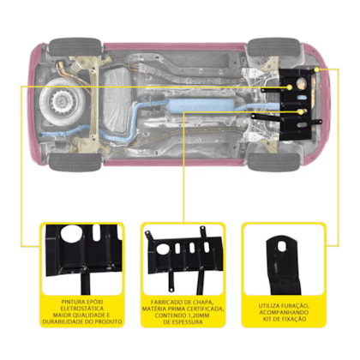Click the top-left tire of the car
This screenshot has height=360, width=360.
tap(75, 47)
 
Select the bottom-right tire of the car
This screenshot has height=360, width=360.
tap(273, 162)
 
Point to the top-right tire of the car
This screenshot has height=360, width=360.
tap(273, 47)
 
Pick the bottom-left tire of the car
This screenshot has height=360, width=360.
tap(75, 162)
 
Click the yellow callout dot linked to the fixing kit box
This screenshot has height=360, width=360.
tap(316, 69)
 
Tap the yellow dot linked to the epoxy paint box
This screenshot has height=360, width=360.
tap(290, 87)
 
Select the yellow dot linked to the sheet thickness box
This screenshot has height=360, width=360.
tap(301, 112)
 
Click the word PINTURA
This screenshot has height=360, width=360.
tap(71, 302)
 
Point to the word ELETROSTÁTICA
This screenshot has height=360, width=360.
tap(82, 309)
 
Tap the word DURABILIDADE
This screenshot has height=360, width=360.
tap(63, 321)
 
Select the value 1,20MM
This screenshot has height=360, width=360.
tap(198, 315)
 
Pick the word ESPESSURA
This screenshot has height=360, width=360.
tap(188, 322)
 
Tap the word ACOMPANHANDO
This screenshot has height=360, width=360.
tap(284, 312)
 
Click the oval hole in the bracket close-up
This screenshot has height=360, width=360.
tap(282, 246)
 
